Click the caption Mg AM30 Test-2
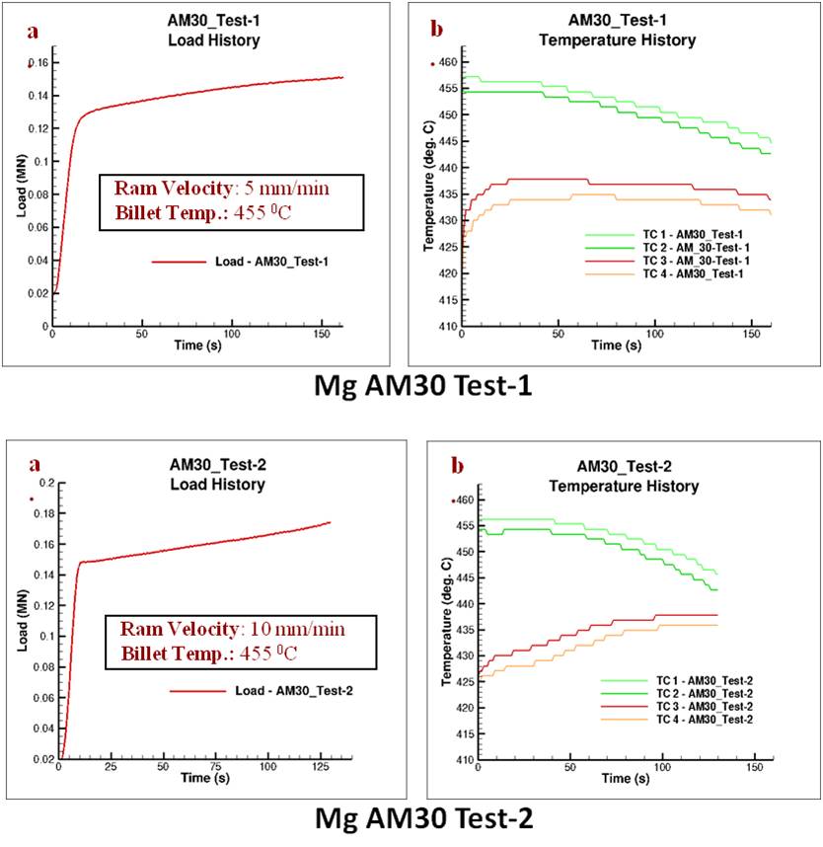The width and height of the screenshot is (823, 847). point(414,818)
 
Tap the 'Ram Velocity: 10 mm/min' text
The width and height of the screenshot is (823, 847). point(233,629)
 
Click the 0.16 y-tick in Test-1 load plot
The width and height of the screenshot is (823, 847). point(40,63)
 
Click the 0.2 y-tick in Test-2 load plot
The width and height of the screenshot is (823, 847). point(43,484)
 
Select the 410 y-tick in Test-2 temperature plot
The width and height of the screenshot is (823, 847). point(461,760)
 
